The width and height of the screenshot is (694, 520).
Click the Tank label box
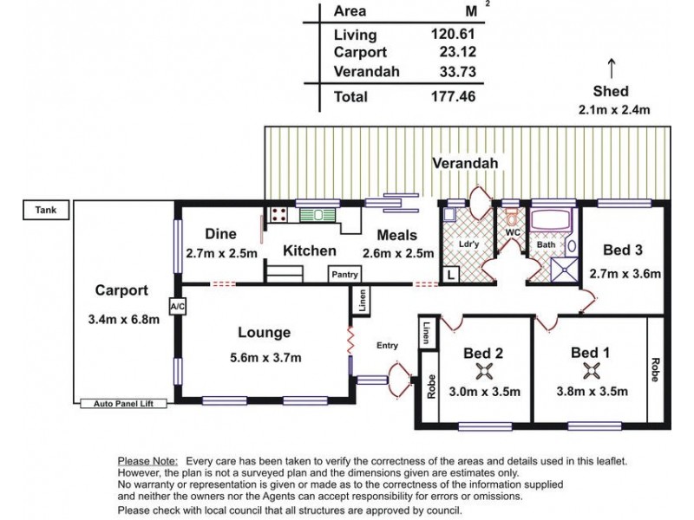click(46, 210)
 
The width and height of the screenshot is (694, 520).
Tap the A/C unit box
click(178, 306)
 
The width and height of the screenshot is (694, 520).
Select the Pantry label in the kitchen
click(344, 274)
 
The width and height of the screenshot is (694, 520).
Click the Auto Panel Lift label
click(123, 403)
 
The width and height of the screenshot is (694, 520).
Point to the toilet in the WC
click(512, 217)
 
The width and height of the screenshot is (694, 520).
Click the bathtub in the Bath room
click(553, 220)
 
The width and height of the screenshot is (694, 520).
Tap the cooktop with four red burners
click(278, 214)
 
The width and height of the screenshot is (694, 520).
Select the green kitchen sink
click(318, 215)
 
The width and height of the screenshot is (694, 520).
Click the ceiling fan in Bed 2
click(484, 371)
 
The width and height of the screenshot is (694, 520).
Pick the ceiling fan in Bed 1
click(591, 371)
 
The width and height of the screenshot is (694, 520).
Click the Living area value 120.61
click(453, 34)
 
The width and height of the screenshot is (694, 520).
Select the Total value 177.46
click(453, 96)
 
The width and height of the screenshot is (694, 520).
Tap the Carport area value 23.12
click(458, 52)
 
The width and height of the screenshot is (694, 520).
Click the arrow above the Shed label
click(612, 68)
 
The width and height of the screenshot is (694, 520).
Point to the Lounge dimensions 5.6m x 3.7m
click(265, 357)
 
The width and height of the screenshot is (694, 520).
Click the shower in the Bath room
click(564, 270)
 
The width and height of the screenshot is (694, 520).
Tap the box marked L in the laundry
click(450, 275)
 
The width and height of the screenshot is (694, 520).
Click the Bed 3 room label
click(622, 250)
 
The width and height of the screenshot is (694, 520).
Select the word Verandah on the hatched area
click(465, 163)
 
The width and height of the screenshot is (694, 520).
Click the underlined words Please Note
click(147, 461)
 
